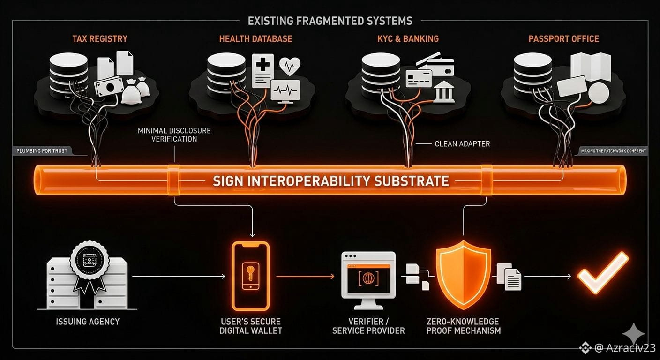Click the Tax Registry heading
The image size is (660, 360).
pyautogui.click(x=99, y=38)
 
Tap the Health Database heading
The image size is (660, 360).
pyautogui.click(x=255, y=38)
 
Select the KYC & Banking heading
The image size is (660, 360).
pyautogui.click(x=408, y=38)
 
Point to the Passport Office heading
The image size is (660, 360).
pyautogui.click(x=563, y=38)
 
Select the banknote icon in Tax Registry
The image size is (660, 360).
pyautogui.click(x=109, y=87)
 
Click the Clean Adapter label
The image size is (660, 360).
pyautogui.click(x=462, y=144)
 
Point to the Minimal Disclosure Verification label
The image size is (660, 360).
pyautogui.click(x=174, y=135)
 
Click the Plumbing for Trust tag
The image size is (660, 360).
pyautogui.click(x=42, y=151)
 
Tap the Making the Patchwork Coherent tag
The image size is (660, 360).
pyautogui.click(x=613, y=151)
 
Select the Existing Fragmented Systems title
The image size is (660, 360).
pyautogui.click(x=330, y=21)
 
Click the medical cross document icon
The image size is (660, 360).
pyautogui.click(x=262, y=70)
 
